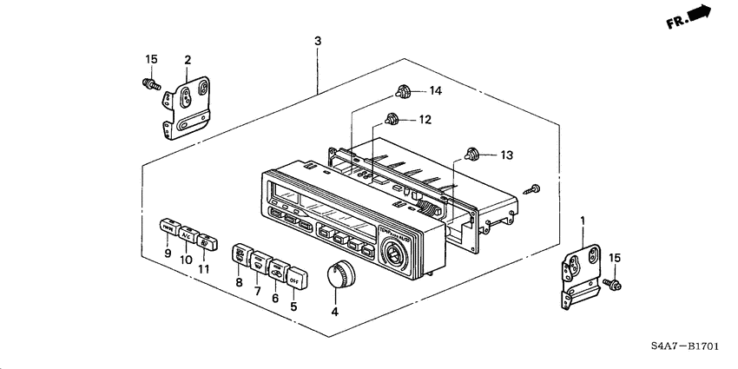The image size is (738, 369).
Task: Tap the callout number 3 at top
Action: (318, 42)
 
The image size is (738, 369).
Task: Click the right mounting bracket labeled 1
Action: (581, 270)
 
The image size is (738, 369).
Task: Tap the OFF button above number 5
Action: (293, 280)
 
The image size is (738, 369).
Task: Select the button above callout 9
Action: (168, 229)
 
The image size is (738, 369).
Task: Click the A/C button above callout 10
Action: (187, 234)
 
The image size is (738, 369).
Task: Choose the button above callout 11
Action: (205, 241)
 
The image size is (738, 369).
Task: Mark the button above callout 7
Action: (259, 261)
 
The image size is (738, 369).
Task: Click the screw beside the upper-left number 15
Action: (150, 84)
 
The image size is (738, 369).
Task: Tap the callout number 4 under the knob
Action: (335, 310)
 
